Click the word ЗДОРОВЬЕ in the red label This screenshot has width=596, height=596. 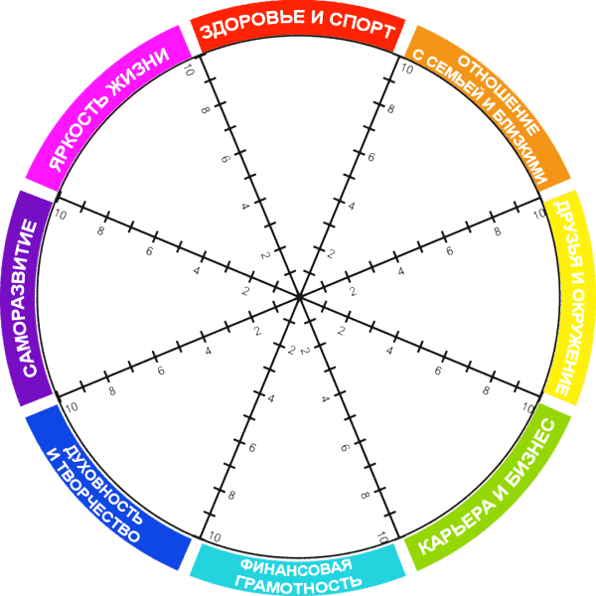click(252, 24)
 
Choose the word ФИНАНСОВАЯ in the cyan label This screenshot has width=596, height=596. click(296, 567)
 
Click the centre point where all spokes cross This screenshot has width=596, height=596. click(299, 297)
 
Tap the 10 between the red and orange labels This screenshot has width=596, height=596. click(406, 69)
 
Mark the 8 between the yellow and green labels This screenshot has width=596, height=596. click(486, 390)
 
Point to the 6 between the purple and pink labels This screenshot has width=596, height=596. click(149, 251)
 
